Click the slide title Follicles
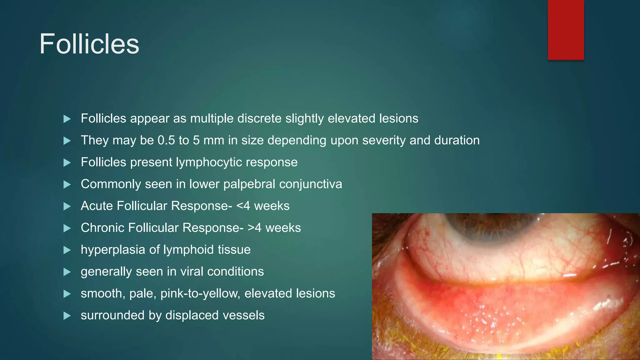89,44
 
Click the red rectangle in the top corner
566,30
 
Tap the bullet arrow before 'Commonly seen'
67,184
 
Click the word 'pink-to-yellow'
200,294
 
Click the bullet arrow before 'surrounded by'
67,316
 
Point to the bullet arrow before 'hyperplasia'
67,250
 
